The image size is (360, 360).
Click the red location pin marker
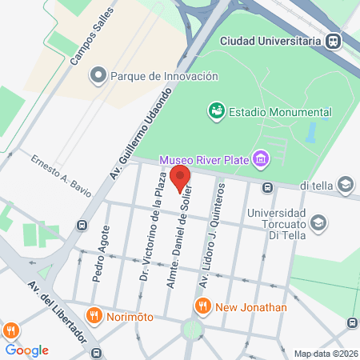click(181, 178)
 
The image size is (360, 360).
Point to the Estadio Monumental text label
click(280, 111)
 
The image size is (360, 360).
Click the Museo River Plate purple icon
click(259, 158)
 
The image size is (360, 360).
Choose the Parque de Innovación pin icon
click(98, 77)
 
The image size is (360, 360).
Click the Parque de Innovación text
click(164, 77)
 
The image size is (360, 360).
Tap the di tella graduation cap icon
click(345, 186)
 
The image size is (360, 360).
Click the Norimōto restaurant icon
click(94, 315)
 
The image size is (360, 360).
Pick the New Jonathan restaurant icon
click(202, 306)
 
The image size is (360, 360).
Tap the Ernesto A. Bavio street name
click(62, 175)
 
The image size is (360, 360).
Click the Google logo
click(26, 350)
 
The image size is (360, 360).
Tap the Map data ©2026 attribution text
click(325, 354)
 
